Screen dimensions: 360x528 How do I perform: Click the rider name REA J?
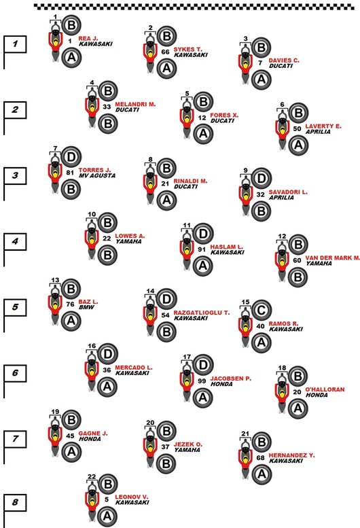pyautogui.click(x=88, y=38)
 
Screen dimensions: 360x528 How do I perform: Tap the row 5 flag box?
pyautogui.click(x=15, y=307)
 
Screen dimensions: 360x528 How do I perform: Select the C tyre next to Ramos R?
pyautogui.click(x=261, y=311)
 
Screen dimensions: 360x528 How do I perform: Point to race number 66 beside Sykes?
pyautogui.click(x=165, y=52)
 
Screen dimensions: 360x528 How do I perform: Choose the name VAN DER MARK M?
pyautogui.click(x=332, y=258)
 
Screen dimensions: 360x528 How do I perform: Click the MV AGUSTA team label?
pyautogui.click(x=97, y=175)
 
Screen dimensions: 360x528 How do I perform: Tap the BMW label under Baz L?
pyautogui.click(x=86, y=307)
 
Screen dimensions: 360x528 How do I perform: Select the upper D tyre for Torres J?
pyautogui.click(x=71, y=156)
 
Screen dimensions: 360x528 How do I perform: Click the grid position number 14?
pyautogui.click(x=150, y=291)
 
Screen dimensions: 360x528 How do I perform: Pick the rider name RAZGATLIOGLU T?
pyautogui.click(x=202, y=313)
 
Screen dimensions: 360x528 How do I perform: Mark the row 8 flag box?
pyautogui.click(x=15, y=502)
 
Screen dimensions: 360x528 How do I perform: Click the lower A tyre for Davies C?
pyautogui.click(x=261, y=80)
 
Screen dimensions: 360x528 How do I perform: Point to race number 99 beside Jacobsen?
pyautogui.click(x=202, y=381)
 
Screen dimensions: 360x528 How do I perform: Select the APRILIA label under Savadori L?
pyautogui.click(x=281, y=197)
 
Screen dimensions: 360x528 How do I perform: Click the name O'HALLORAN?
pyautogui.click(x=325, y=389)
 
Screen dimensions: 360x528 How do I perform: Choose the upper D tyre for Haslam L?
pyautogui.click(x=202, y=233)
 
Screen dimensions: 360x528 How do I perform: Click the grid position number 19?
pyautogui.click(x=55, y=412)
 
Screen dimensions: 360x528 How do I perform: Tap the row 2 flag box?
pyautogui.click(x=15, y=110)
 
